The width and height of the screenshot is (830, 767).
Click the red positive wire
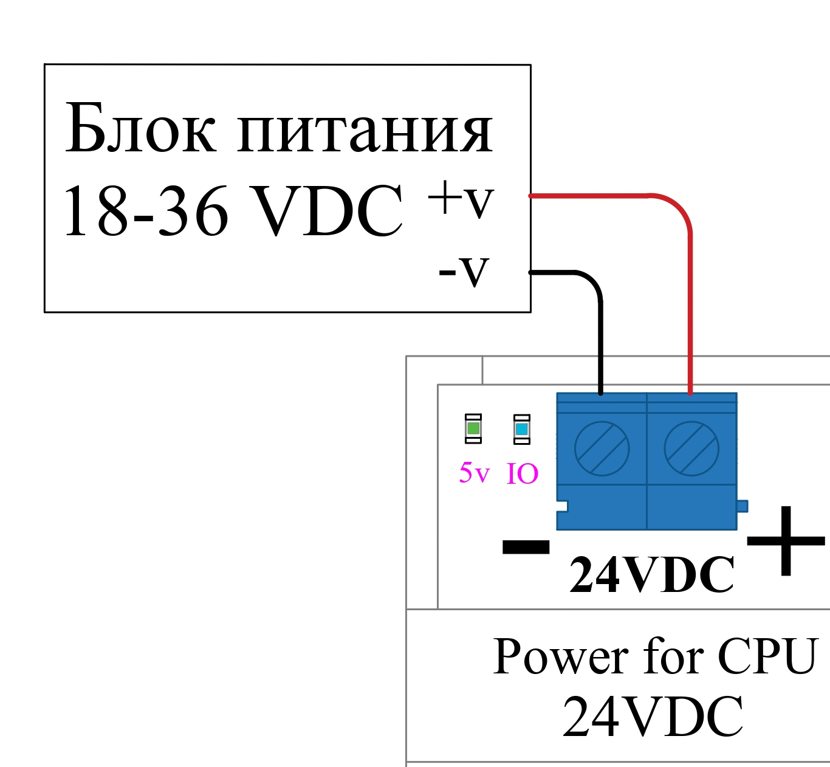[690, 292]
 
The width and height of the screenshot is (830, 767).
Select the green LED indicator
[473, 428]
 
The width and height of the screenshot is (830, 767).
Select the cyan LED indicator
[521, 428]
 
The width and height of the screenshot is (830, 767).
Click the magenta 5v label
[474, 473]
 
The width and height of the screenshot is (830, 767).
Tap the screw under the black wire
[602, 449]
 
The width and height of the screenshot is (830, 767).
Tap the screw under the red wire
[691, 449]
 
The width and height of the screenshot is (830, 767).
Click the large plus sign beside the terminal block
[786, 540]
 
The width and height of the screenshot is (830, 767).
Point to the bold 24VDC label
[651, 575]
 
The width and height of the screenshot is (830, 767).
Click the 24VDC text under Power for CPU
[653, 716]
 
